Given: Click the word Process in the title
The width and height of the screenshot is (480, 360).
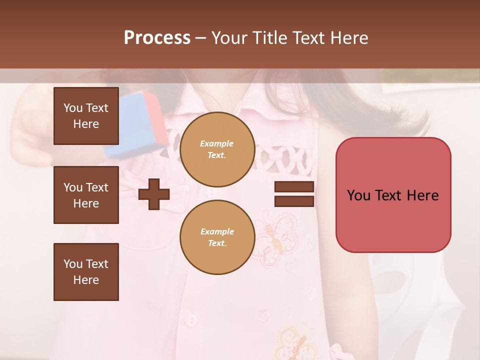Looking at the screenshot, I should (157, 38).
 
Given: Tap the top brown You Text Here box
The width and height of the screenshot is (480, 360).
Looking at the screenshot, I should (86, 116).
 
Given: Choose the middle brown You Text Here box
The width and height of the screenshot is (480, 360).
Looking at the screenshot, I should (86, 195).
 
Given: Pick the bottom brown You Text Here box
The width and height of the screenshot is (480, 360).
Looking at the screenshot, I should (86, 272).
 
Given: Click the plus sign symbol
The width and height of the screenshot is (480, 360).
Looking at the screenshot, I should (154, 194).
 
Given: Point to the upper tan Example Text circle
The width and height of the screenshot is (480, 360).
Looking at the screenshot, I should (217, 149).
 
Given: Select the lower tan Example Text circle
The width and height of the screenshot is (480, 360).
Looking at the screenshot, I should (217, 237).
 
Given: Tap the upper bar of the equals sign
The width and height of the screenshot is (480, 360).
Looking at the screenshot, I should (294, 187).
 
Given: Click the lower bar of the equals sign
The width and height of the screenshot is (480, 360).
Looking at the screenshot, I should (294, 201).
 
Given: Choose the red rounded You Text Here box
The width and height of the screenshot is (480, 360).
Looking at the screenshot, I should (393, 195).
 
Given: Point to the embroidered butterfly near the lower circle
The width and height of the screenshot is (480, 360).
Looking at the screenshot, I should (277, 235).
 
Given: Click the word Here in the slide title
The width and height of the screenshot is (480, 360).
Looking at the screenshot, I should (348, 38).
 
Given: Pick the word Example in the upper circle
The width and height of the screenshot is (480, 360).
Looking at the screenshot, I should (217, 143).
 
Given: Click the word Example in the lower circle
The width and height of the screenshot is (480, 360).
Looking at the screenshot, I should (217, 231).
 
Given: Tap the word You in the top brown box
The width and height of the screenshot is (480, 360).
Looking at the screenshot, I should (72, 108).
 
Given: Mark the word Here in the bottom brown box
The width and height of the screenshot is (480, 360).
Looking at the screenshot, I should (86, 280).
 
